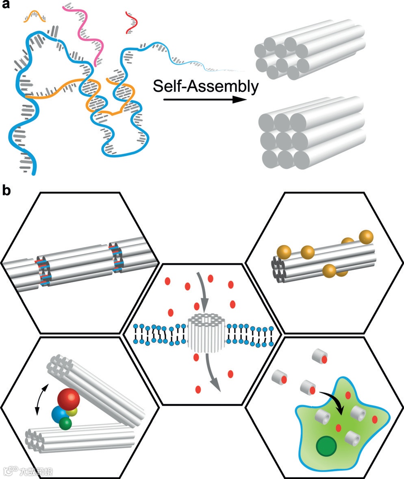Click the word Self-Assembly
point(206,87)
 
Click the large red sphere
point(68,400)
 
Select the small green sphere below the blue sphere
point(65,424)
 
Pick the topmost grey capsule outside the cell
point(318,356)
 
